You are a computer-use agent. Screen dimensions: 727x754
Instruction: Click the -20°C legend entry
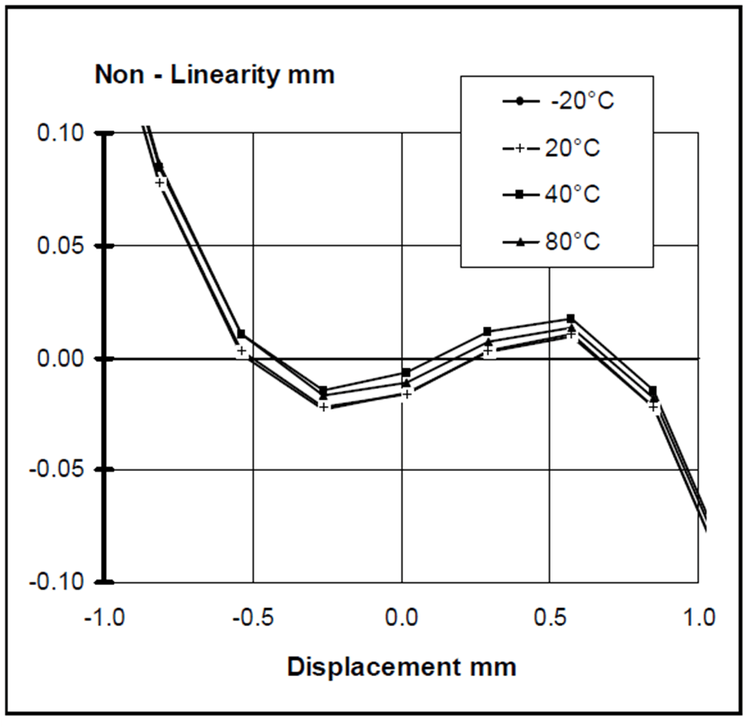coord(558,102)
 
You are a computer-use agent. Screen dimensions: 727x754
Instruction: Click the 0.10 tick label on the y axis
coord(62,134)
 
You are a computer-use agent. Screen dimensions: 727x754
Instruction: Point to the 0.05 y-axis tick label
coord(62,246)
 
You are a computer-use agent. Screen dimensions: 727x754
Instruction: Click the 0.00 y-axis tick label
coord(62,359)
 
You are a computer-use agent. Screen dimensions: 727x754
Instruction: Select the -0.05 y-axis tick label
coord(58,470)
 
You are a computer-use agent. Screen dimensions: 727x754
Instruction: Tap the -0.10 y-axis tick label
coord(58,582)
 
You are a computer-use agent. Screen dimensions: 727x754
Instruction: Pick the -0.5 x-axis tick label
coord(253,616)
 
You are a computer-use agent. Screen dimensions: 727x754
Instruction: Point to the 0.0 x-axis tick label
coord(402,616)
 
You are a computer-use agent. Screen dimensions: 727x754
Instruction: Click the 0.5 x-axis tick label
coord(551,616)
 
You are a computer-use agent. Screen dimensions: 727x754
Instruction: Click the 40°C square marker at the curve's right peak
coord(571,318)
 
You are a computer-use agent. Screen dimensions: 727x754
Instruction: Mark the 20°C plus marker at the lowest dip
coord(323,407)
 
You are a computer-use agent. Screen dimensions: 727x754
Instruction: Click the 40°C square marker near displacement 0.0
coord(405,373)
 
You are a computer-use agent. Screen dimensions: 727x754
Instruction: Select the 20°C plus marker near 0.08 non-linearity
coord(161,182)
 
